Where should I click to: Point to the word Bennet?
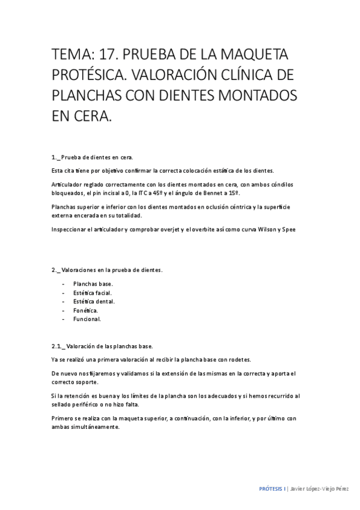215,192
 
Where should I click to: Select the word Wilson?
266,229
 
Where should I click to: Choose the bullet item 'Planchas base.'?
93,283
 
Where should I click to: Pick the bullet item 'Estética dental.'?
95,301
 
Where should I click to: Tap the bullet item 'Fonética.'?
86,310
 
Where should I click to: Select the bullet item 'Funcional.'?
87,319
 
